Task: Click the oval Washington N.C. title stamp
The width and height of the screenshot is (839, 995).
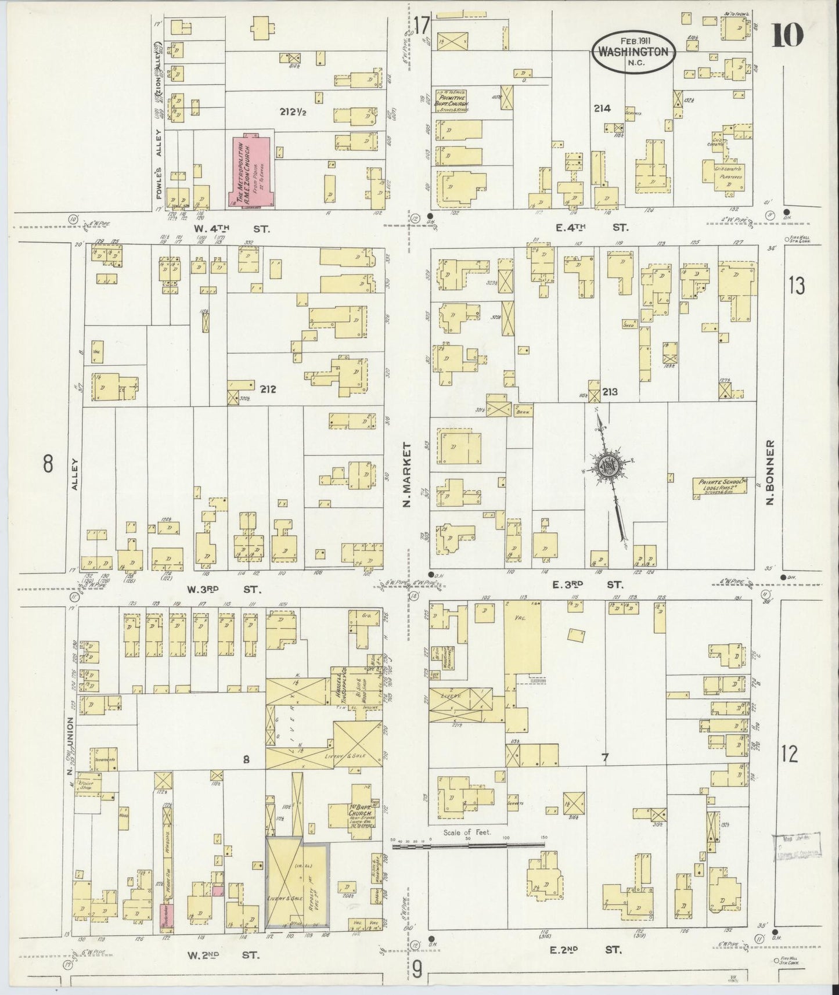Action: [634, 52]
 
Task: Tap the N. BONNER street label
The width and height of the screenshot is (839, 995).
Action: [771, 472]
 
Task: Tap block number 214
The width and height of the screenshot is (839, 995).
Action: [604, 108]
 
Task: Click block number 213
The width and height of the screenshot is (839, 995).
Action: [610, 392]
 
